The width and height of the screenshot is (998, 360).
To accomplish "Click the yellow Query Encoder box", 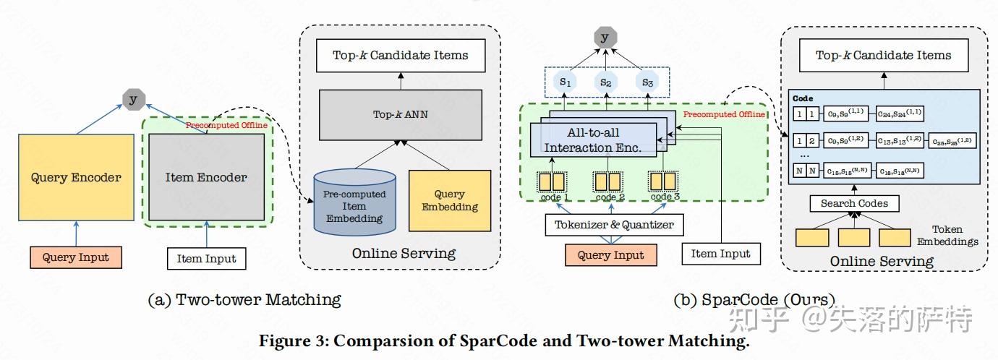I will coord(76,177).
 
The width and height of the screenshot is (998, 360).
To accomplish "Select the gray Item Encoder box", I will coord(206,177).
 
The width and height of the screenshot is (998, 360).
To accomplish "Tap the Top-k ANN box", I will coord(400,114).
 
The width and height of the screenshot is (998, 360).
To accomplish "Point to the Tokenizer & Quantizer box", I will coord(613,225).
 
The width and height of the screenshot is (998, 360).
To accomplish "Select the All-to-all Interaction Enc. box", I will coord(593,140).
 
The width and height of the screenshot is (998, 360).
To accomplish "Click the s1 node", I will coord(564,82).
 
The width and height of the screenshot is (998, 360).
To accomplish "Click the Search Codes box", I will coord(854,204).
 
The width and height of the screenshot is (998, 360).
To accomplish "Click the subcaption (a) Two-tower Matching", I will coord(244,299).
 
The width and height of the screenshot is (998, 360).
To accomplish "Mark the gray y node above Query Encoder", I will coord(132,100).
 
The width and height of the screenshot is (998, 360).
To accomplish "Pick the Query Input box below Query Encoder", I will coord(76,257).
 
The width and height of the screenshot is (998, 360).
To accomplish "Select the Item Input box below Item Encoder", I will coord(206,259).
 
